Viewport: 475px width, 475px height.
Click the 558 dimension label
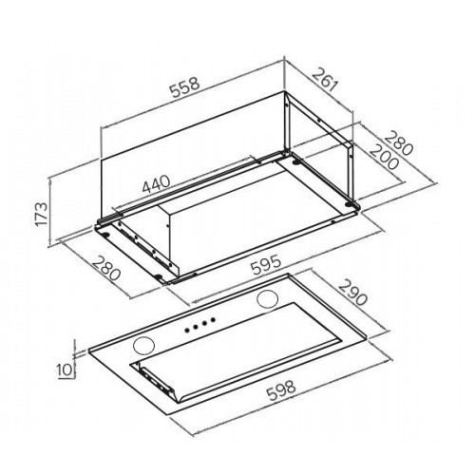point(185,86)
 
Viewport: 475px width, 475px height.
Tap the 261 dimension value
point(324,80)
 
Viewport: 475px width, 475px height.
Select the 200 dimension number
point(384,157)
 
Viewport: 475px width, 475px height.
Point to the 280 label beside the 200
point(398,143)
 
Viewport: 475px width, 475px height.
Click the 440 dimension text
point(156,184)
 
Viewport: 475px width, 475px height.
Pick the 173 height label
point(42,214)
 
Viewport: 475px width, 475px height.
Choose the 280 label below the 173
point(107,269)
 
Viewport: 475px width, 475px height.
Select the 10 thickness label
point(65,370)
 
